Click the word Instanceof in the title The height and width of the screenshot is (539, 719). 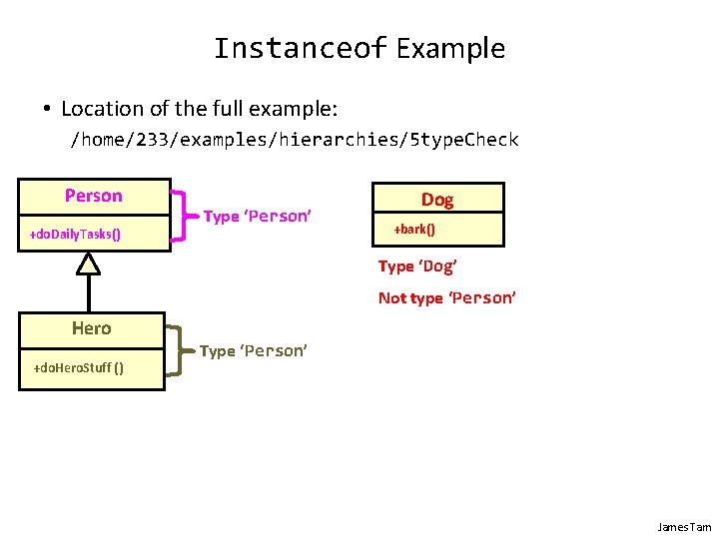click(300, 48)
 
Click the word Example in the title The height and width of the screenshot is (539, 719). click(450, 48)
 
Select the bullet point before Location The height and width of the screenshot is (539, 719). click(46, 108)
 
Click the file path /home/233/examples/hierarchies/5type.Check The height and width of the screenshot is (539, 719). click(294, 140)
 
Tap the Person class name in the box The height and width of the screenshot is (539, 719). click(94, 196)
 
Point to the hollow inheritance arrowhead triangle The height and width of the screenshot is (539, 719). click(90, 264)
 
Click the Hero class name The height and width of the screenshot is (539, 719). click(91, 328)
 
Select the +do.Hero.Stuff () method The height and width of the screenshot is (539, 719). click(79, 368)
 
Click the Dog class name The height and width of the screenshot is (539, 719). click(437, 200)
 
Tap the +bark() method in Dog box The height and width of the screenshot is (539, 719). click(413, 230)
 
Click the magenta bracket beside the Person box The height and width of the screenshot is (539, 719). click(180, 216)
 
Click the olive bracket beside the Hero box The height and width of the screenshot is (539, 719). click(177, 350)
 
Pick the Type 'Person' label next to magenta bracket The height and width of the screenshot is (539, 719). click(259, 217)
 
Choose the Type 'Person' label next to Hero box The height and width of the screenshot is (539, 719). click(254, 351)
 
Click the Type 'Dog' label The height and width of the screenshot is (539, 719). click(416, 267)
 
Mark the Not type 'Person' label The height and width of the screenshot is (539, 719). click(446, 298)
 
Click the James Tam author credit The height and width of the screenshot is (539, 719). click(684, 526)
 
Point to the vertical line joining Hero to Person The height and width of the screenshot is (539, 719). click(90, 293)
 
